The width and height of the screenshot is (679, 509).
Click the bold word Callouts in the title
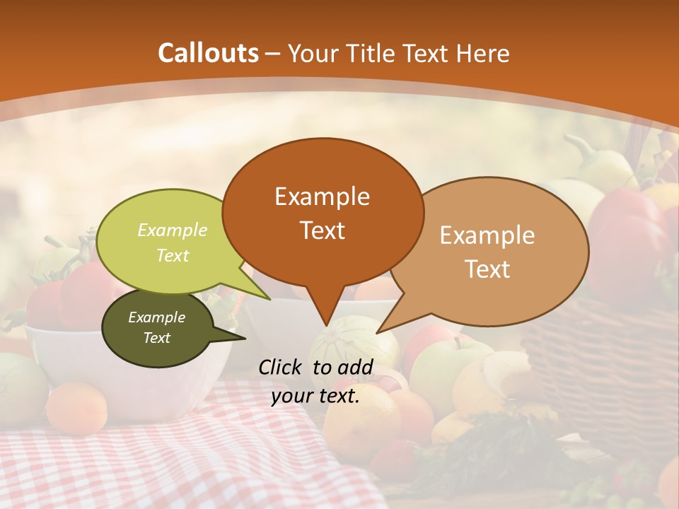point(208,53)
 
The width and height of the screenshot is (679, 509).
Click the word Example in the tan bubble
point(487,235)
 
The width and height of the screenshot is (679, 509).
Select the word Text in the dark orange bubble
point(323,230)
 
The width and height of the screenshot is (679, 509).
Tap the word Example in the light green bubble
point(172,230)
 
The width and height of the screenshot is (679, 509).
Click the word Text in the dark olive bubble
point(156,338)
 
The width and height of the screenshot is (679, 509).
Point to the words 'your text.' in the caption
point(315,396)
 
